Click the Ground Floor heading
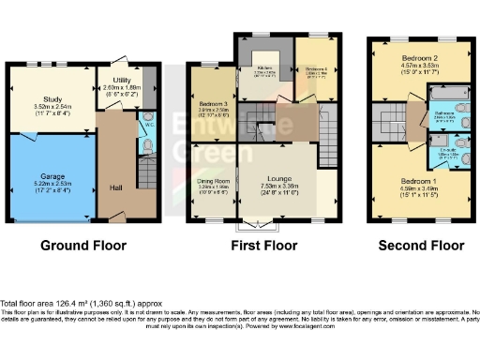click(x=85, y=246)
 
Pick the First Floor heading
click(x=264, y=246)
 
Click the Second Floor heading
click(x=421, y=246)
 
